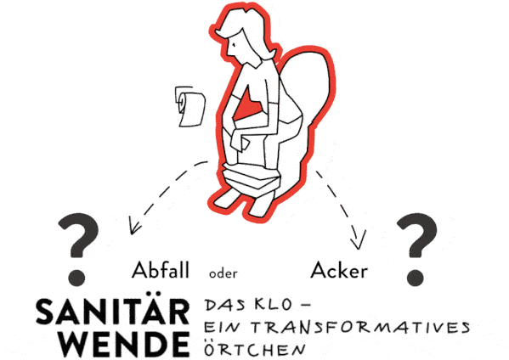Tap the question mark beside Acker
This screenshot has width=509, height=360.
click(x=417, y=249)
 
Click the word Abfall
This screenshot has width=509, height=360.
click(x=160, y=270)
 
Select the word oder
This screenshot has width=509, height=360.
click(x=223, y=273)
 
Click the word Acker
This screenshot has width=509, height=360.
click(x=339, y=270)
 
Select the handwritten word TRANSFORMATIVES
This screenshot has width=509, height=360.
click(x=361, y=327)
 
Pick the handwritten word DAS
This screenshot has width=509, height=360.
click(x=224, y=306)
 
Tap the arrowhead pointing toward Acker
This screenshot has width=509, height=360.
click(x=358, y=240)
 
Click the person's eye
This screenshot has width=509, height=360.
click(x=233, y=44)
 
